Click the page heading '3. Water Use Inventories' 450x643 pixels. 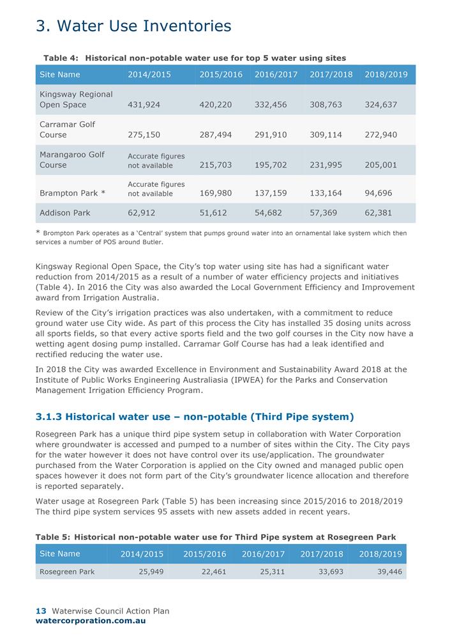coord(133,26)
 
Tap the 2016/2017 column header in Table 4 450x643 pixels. coord(276,75)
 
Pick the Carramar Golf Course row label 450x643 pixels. coord(67,130)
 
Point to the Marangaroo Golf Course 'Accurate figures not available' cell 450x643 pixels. coord(156,160)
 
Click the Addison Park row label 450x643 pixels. coord(65,213)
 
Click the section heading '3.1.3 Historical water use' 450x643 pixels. coord(195,417)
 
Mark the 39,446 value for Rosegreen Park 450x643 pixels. coord(387,571)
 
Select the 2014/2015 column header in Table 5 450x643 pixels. coord(142,554)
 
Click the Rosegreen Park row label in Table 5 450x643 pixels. coord(67,571)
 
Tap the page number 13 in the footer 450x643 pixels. coord(40,611)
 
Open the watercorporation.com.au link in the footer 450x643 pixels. coord(91,621)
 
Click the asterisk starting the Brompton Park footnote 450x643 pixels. coord(38,233)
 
